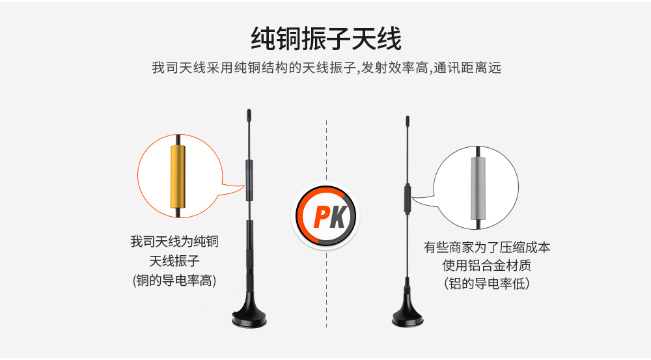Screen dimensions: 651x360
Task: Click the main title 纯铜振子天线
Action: (326, 38)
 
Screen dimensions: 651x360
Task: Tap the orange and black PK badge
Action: (326, 215)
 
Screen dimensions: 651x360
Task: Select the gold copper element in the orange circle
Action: (178, 176)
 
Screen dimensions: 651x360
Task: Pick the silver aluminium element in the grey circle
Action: (478, 188)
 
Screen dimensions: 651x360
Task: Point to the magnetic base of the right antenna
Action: (408, 312)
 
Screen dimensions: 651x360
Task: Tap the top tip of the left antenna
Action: (249, 109)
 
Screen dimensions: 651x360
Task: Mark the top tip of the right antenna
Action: (408, 117)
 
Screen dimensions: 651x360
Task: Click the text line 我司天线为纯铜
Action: (174, 242)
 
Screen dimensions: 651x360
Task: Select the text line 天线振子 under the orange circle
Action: (174, 261)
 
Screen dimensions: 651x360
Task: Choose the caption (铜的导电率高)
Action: (174, 281)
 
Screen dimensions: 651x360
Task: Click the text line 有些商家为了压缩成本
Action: (486, 247)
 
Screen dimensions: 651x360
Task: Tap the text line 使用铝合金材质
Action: (486, 266)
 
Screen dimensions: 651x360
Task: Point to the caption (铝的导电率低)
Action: (486, 284)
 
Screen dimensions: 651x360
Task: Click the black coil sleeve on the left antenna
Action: (249, 180)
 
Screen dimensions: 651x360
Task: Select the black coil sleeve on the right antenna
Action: (408, 199)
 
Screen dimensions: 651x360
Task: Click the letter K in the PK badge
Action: (338, 216)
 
